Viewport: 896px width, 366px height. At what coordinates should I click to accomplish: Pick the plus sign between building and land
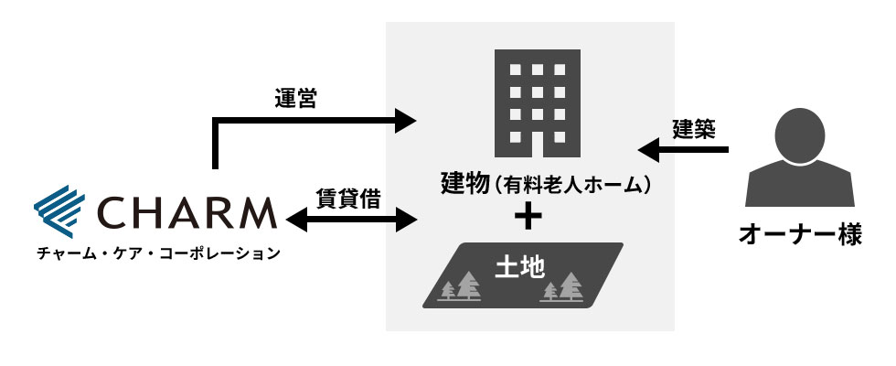[528, 217]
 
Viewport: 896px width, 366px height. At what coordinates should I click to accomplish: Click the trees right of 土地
[561, 287]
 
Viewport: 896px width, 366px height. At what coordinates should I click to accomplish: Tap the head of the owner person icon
[801, 138]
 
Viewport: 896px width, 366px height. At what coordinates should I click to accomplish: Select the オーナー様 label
[800, 233]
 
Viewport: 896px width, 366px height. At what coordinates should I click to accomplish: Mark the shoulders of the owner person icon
[801, 190]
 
